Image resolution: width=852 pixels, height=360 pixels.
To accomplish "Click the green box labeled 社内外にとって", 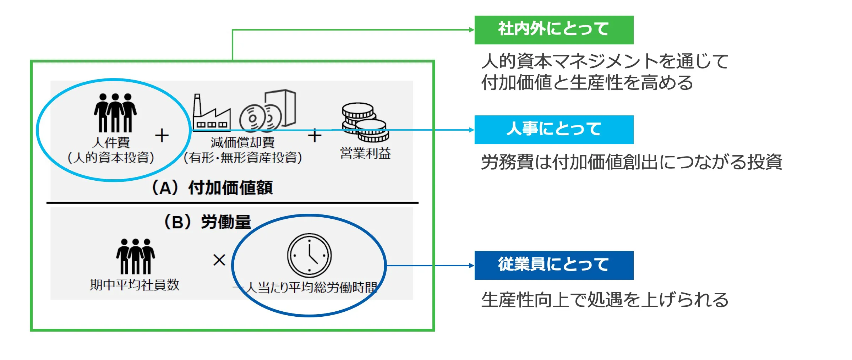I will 554,30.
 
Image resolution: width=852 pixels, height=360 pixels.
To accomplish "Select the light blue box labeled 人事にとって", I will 554,130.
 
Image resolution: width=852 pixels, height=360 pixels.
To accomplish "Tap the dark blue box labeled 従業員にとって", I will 554,265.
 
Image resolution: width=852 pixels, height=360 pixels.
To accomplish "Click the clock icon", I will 309,255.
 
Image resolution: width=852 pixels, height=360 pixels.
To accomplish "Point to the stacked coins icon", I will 365,122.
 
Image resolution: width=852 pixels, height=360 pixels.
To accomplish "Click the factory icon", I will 211,113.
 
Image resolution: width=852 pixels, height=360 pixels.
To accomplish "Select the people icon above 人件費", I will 115,113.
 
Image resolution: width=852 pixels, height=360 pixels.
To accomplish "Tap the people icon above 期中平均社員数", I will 135,256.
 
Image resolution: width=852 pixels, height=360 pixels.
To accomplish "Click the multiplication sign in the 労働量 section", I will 219,260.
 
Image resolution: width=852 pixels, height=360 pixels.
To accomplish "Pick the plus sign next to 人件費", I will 162,136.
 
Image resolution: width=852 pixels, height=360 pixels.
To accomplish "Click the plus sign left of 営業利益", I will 315,136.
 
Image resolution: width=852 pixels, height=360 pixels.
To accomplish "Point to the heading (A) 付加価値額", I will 212,187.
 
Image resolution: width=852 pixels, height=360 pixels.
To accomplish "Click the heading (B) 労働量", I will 207,222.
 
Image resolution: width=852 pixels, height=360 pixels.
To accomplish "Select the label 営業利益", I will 365,153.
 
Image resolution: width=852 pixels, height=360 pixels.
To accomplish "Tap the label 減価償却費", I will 242,142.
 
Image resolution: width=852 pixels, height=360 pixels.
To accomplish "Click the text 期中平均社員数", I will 135,285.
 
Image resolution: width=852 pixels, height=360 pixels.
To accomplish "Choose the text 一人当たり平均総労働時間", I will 305,287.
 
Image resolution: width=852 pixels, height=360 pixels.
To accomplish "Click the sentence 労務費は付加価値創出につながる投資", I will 632,162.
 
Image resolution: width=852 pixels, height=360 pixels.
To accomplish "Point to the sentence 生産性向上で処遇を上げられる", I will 605,300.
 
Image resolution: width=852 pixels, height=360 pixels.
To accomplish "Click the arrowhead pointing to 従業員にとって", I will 471,266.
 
